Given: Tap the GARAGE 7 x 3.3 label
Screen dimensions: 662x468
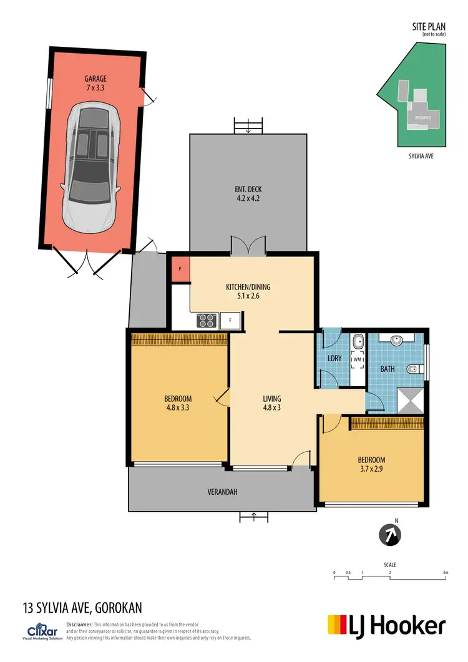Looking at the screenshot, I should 96,84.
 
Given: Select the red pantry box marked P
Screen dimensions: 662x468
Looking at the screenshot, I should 180,268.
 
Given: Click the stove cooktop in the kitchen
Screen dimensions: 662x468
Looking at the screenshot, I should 206,321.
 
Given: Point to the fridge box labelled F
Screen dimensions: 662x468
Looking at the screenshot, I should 231,321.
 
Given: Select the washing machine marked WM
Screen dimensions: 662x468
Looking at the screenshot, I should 358,360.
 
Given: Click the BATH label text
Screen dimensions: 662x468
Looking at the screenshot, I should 388,369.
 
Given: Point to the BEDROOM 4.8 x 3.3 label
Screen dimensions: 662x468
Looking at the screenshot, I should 178,403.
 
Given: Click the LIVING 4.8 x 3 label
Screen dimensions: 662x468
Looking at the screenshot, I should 271,403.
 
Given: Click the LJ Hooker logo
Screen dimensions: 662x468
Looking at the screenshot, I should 387,625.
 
